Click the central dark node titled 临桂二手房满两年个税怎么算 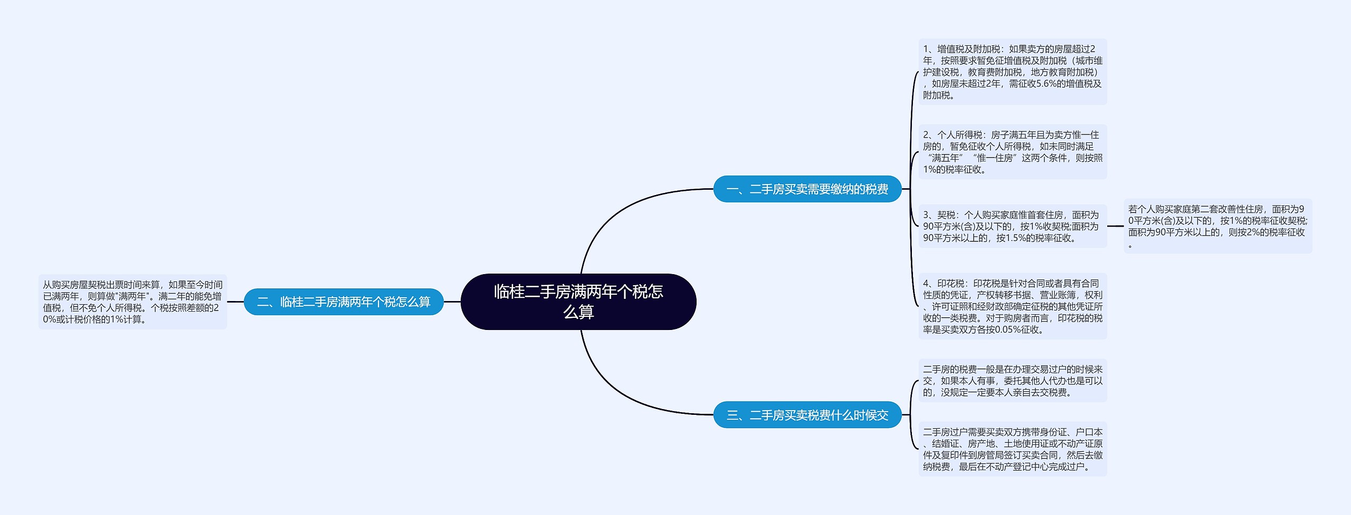(x=578, y=302)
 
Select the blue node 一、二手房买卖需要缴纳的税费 (x=807, y=189)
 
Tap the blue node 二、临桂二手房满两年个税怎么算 (x=344, y=302)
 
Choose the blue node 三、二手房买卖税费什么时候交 (x=807, y=415)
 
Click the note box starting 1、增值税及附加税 (x=1012, y=72)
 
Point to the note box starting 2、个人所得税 (x=1012, y=152)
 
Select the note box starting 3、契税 (x=1012, y=226)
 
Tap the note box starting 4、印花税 (x=1012, y=306)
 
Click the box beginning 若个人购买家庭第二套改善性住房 (x=1217, y=226)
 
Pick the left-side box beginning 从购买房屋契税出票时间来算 (x=132, y=302)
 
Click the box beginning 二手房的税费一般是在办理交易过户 (x=1012, y=381)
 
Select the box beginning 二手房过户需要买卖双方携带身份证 (x=1012, y=449)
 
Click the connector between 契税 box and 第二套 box (x=1115, y=226)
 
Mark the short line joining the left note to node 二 (x=235, y=302)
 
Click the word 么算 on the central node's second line (x=578, y=312)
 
